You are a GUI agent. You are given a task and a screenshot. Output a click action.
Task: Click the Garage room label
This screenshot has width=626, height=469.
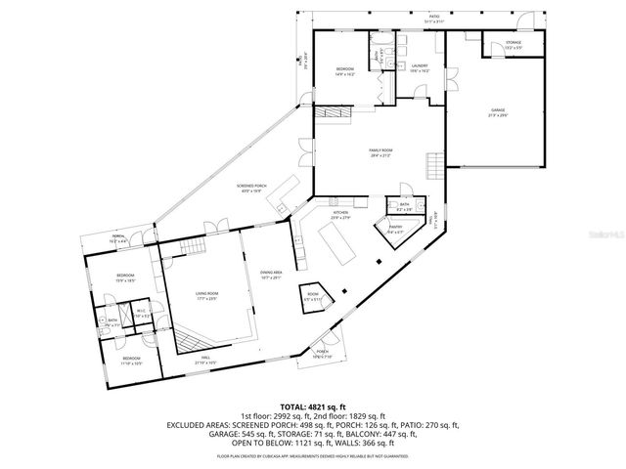(500, 113)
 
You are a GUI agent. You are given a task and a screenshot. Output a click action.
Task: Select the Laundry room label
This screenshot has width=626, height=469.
(419, 70)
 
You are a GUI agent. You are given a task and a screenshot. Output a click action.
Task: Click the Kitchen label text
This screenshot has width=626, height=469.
(341, 215)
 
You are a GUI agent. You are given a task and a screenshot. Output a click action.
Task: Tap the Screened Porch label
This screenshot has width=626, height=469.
(250, 189)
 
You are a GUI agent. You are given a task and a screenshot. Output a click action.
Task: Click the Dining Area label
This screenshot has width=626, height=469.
(271, 276)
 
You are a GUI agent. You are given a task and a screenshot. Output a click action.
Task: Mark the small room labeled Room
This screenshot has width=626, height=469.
(313, 297)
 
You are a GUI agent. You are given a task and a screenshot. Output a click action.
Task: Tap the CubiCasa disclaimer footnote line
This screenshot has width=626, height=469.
(312, 456)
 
